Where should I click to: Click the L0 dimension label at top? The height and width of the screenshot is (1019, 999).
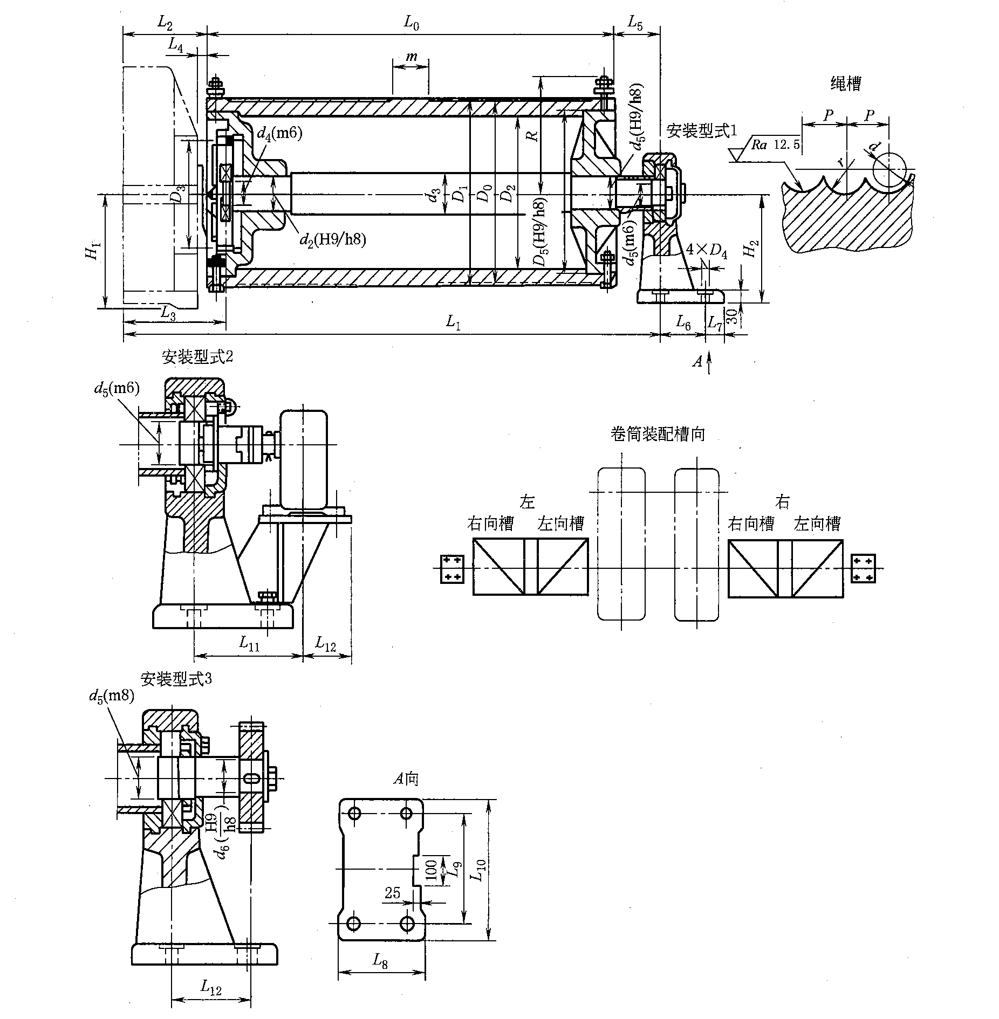coord(411,23)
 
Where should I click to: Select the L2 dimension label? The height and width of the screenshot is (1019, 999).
coord(165,23)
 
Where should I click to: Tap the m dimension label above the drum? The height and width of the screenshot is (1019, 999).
coord(411,57)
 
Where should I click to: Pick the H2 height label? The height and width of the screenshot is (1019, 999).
coord(750,249)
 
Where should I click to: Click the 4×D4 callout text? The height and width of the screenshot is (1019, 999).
coord(706,251)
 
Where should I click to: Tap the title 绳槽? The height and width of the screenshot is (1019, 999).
coord(845,83)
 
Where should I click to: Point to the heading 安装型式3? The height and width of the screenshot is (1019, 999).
coord(176,679)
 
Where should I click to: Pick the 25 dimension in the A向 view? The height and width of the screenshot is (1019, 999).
coord(393,893)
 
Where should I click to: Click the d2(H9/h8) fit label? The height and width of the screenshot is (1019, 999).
coord(333,239)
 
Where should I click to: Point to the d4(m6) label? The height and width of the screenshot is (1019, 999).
coord(279,134)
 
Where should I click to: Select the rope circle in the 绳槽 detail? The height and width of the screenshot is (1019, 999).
coord(888,168)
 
